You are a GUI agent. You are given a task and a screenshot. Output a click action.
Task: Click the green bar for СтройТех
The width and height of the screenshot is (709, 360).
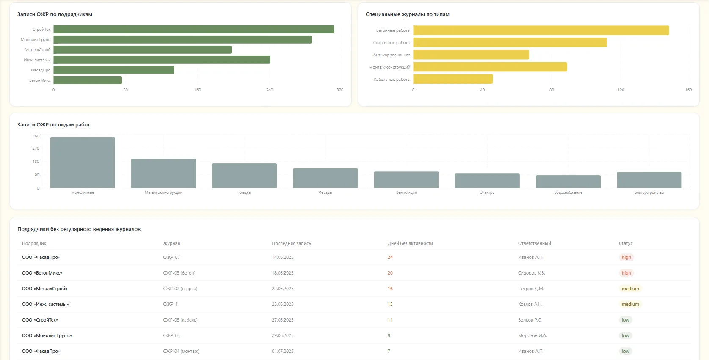pos(194,30)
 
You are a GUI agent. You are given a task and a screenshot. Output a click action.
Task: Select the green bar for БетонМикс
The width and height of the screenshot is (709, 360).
pos(88,80)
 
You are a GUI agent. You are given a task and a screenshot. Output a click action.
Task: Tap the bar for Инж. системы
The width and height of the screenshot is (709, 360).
pos(162,60)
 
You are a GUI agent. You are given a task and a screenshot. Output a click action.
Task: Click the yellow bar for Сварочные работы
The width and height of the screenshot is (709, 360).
pos(510,43)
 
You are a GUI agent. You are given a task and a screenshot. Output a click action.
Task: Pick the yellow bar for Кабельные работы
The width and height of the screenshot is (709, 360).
pos(453,79)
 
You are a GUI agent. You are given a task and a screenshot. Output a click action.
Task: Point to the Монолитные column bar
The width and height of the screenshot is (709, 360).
pos(83,162)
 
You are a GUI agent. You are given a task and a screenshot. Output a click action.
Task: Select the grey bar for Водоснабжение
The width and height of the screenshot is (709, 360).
pos(568,181)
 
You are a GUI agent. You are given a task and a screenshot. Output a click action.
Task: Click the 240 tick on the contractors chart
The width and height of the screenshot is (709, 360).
pos(269,90)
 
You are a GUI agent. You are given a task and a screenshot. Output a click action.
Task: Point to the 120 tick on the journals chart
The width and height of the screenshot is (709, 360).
pos(621,90)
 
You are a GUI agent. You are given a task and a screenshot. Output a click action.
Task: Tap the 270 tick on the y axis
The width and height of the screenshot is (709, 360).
pos(36,148)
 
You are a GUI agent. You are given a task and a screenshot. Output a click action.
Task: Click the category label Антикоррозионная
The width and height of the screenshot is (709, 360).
pos(392,55)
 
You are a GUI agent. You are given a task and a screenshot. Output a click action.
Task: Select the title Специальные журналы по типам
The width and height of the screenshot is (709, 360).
pos(407,14)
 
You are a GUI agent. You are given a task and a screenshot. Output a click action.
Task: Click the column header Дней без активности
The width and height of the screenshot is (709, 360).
pos(410,243)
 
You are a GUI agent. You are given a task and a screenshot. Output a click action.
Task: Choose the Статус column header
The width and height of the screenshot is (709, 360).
pos(626,243)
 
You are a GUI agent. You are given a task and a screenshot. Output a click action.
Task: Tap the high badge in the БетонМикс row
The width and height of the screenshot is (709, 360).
pos(626,273)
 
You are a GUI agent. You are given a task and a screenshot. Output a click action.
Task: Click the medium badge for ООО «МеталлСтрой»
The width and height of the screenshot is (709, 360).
pos(630,289)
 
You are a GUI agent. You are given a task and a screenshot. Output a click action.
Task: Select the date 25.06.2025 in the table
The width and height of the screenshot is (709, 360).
pos(283,304)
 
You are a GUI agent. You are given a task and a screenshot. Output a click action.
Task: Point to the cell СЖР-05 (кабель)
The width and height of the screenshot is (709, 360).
pos(180,320)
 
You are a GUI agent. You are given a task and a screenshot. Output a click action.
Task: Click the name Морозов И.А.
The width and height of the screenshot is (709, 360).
pos(532,335)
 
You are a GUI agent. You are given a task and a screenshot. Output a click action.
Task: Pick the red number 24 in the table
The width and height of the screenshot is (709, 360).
pos(390,258)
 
